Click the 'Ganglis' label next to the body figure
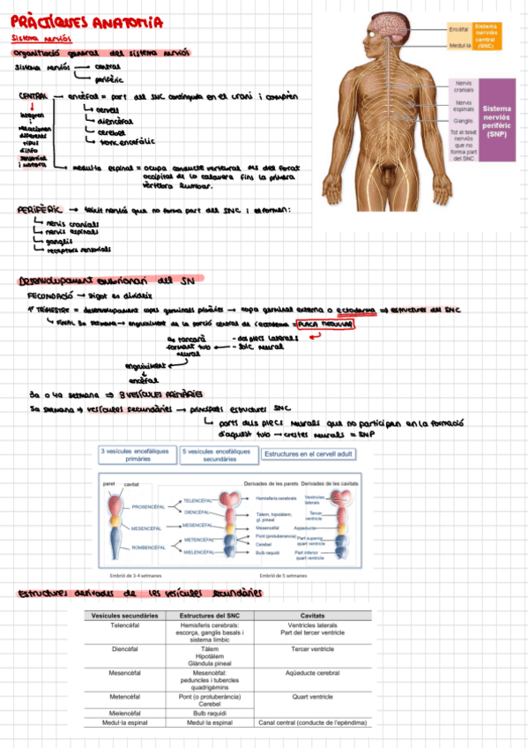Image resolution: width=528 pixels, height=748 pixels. pos(463,121)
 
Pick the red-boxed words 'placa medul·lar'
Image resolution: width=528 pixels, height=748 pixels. pos(325,325)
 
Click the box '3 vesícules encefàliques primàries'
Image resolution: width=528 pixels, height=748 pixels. pos(137,454)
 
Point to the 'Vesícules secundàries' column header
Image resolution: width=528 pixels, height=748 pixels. pos(125,615)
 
